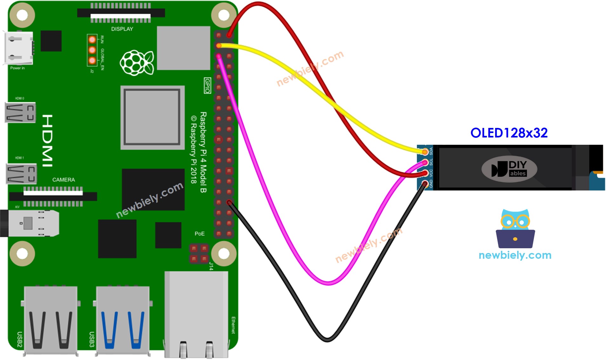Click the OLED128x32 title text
pos(508,133)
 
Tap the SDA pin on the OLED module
pos(425,152)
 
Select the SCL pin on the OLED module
pos(425,163)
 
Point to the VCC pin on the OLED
pos(425,173)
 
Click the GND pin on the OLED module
pos(425,183)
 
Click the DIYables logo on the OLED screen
pos(509,169)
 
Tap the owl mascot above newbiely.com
pos(515,229)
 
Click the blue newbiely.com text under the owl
pos(515,255)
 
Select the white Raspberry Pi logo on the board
pos(137,63)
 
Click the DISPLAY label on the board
pos(122,29)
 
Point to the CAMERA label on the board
pos(64,180)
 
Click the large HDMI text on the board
pos(47,141)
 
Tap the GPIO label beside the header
pos(207,85)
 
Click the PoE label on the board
pos(199,234)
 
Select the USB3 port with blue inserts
pos(123,319)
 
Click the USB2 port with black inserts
pos(50,319)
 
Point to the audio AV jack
pos(30,223)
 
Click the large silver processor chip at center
pos(152,117)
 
